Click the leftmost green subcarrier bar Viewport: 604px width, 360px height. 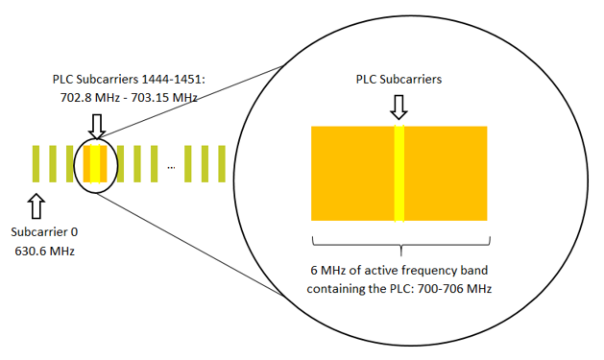[36, 164]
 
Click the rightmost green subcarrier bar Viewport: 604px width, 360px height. [221, 164]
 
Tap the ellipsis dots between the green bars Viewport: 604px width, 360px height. [171, 167]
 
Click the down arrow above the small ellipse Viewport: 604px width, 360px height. [95, 123]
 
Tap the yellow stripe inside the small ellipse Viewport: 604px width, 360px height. [95, 164]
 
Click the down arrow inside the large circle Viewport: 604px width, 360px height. [399, 108]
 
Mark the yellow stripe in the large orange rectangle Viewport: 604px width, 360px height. [399, 174]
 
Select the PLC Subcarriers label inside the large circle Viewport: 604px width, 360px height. [399, 81]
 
